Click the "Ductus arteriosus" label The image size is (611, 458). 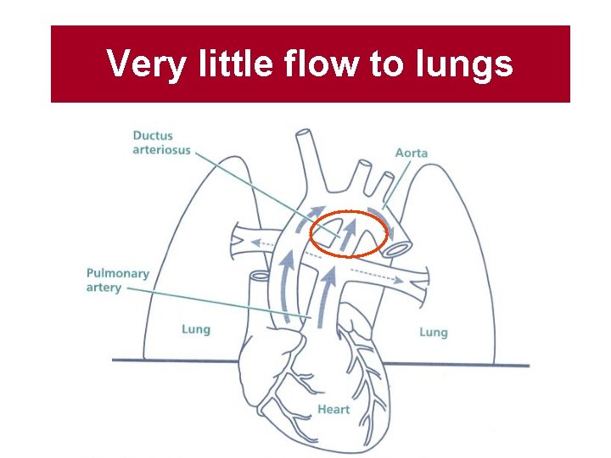click(x=161, y=142)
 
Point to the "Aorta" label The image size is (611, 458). click(x=411, y=153)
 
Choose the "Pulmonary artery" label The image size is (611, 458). click(x=117, y=281)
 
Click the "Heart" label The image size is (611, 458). click(x=334, y=410)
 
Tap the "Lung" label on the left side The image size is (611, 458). click(x=195, y=329)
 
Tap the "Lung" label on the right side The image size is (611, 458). click(x=433, y=332)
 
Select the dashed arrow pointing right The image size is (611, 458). click(x=373, y=276)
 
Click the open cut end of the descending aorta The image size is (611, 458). click(x=401, y=248)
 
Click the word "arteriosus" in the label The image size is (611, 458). click(x=161, y=150)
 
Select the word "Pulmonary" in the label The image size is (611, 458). click(x=117, y=274)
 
